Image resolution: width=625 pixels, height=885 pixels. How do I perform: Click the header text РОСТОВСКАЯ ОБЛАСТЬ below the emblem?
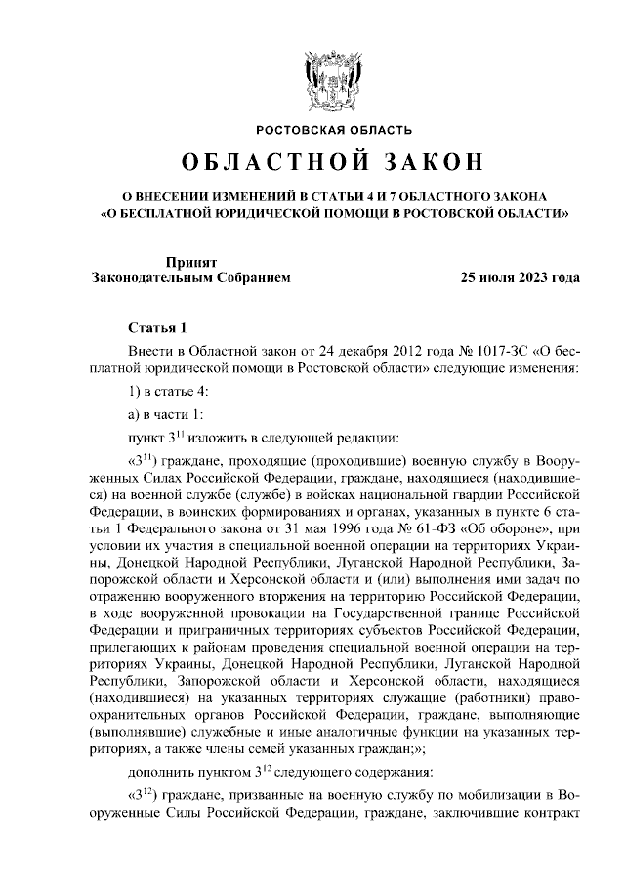334,129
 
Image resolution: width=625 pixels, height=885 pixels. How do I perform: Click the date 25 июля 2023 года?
520,277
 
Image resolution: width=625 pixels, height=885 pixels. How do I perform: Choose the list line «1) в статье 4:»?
168,391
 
